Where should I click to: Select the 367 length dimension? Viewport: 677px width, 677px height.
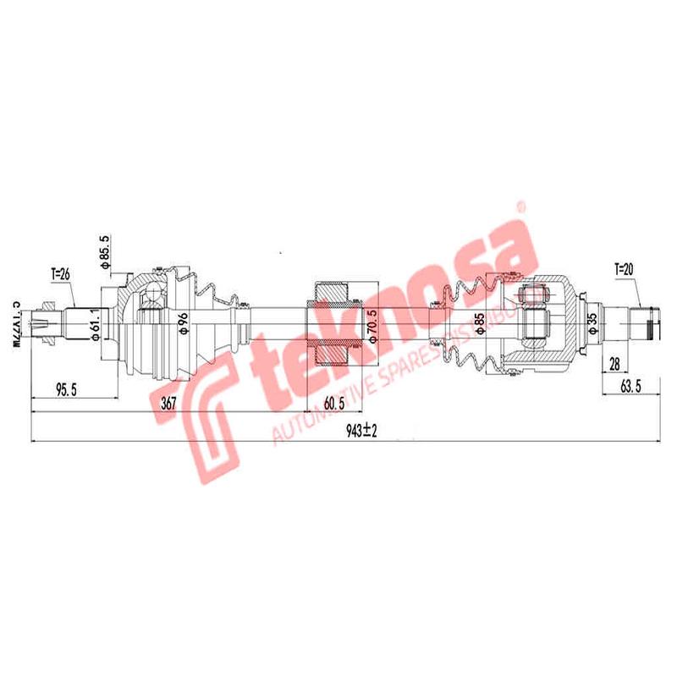tap(168, 404)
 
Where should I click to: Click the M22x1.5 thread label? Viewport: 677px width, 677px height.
tap(14, 324)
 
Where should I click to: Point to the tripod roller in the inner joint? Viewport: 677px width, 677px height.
tap(532, 295)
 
